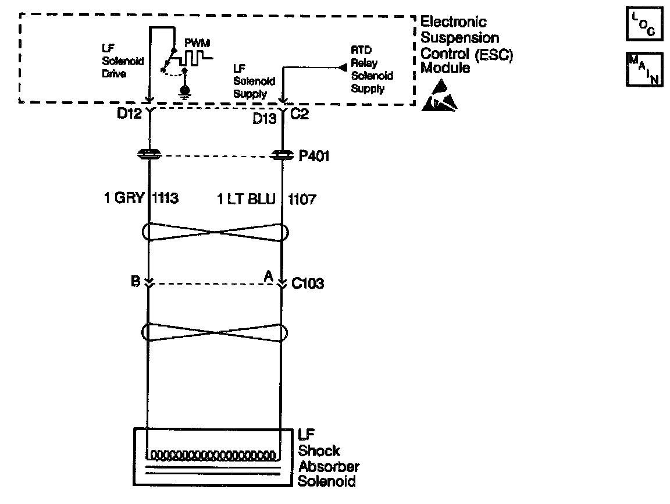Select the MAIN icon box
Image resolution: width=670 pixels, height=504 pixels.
tap(644, 69)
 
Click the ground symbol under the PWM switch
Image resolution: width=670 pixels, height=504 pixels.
tap(185, 92)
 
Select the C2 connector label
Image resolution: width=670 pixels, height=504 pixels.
tap(298, 114)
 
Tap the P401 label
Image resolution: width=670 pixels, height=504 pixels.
tap(310, 156)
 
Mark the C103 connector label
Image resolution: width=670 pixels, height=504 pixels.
tap(308, 284)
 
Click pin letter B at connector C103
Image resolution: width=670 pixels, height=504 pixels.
tap(136, 281)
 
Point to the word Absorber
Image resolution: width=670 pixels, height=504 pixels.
tap(329, 466)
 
